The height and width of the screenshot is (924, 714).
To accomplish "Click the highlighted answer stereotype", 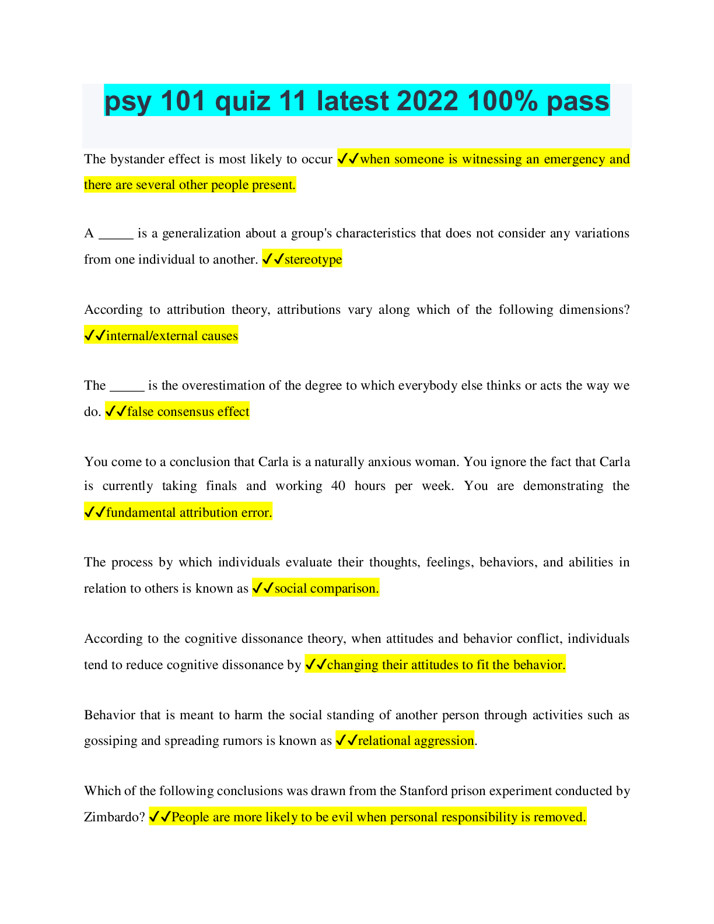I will pos(313,260).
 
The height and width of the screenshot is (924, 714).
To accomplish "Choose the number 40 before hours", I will pos(338,486).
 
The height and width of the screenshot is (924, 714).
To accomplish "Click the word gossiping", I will pos(110,741).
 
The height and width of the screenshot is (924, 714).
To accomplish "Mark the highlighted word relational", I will pos(384,741).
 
